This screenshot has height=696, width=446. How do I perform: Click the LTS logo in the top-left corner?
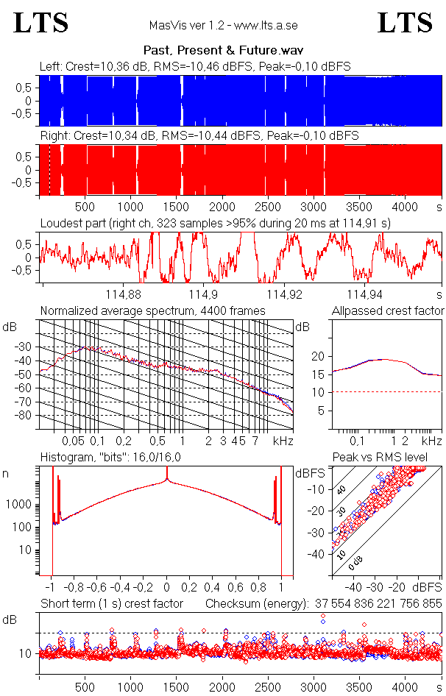[41, 24]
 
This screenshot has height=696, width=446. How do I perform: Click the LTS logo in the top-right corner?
[405, 24]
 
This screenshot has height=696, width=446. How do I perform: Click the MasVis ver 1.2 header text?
[223, 25]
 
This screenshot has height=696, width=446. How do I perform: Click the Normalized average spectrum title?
[152, 311]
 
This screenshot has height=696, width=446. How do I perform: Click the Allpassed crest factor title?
[388, 311]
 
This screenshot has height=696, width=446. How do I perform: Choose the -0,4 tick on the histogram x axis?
[121, 588]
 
